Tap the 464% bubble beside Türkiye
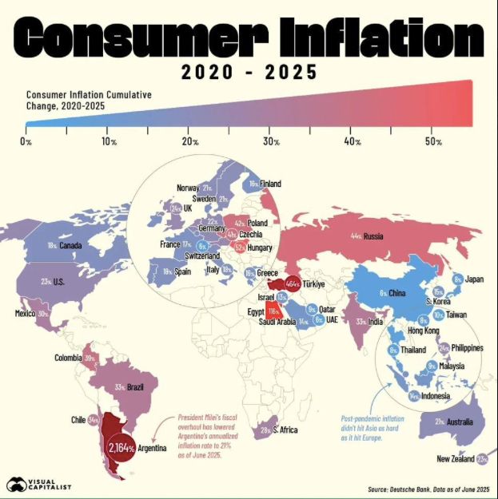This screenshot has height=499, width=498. [280, 285]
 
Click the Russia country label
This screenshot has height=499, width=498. [373, 236]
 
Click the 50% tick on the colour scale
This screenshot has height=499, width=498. [434, 141]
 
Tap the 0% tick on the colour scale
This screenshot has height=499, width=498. [26, 141]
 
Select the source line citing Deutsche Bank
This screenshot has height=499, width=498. [428, 488]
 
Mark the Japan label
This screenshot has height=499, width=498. [475, 279]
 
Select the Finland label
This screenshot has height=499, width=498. [270, 184]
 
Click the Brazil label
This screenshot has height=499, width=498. [135, 387]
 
